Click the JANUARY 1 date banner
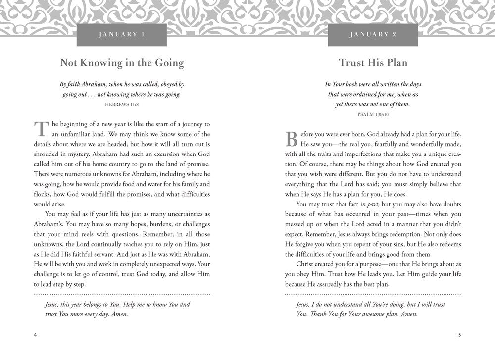pyautogui.click(x=122, y=34)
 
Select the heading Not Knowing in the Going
pyautogui.click(x=122, y=63)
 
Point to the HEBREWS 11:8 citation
pyautogui.click(x=122, y=104)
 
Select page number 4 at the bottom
pyautogui.click(x=35, y=334)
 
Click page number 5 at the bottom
pyautogui.click(x=460, y=334)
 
